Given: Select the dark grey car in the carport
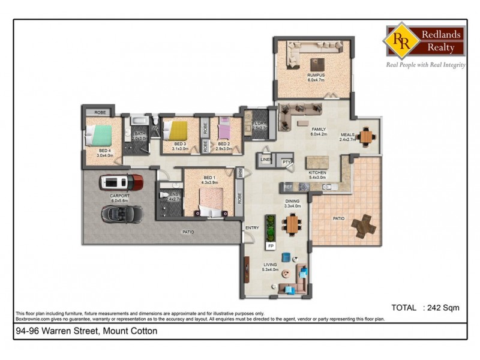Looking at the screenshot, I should (x=122, y=212).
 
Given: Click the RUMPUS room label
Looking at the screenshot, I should (x=316, y=75).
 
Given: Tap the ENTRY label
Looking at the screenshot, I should (x=252, y=227).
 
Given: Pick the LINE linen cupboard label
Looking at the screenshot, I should (x=265, y=160).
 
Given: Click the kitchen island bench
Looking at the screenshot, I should (x=318, y=163).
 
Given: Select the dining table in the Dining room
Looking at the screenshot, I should (x=292, y=224).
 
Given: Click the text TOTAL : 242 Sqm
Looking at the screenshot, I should (x=425, y=308).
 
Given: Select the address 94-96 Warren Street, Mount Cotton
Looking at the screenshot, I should (x=86, y=331).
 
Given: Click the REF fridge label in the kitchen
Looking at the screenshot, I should (x=287, y=187).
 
